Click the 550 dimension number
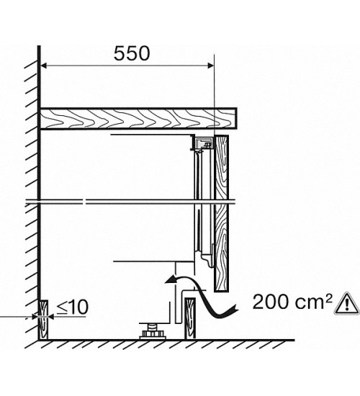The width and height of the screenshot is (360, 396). [132, 54]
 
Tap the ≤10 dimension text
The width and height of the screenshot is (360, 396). [72, 307]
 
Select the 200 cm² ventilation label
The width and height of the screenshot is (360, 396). [292, 302]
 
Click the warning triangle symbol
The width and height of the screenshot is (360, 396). [347, 304]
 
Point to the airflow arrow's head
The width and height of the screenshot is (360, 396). [170, 279]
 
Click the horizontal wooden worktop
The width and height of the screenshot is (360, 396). [138, 119]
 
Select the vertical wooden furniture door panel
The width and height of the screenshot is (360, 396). [221, 213]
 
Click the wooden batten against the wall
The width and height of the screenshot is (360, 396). [43, 320]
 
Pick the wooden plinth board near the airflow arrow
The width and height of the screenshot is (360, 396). [190, 319]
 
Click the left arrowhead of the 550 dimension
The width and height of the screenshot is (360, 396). [43, 66]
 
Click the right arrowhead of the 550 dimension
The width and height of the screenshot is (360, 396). [210, 66]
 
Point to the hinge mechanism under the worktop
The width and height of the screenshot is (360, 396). [202, 143]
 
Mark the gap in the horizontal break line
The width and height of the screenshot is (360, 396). [85, 202]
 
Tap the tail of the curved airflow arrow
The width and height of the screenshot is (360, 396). [234, 310]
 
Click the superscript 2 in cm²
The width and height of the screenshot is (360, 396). [328, 298]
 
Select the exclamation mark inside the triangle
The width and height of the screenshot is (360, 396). [347, 305]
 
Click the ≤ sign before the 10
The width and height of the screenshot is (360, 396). [61, 307]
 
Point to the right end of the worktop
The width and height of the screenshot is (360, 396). [237, 119]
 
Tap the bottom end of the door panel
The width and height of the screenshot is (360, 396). [221, 292]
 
